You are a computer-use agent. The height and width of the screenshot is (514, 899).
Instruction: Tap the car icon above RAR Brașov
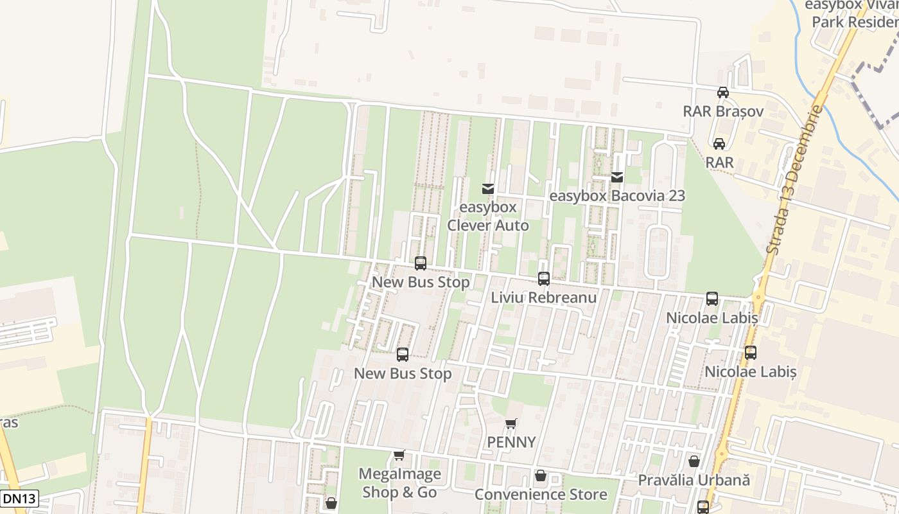[722, 92]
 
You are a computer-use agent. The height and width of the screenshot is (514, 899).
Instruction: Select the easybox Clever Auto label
[488, 217]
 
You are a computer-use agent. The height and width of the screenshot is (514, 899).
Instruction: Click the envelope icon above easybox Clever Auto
[488, 188]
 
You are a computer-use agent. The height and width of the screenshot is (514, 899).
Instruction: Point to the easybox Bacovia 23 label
[617, 196]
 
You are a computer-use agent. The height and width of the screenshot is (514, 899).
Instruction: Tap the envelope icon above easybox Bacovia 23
[617, 177]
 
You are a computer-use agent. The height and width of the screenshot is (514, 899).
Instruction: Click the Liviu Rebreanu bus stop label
[544, 297]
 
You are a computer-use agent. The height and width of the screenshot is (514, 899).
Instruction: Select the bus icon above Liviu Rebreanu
[544, 279]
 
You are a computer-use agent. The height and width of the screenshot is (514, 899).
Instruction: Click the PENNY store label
[511, 442]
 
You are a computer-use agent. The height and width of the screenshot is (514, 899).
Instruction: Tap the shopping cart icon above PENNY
[511, 423]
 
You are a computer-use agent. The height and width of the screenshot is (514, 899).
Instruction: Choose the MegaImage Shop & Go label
[399, 483]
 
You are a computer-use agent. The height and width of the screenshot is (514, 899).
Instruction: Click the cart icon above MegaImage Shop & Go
[399, 455]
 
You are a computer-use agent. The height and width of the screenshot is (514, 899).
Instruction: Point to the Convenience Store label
[541, 494]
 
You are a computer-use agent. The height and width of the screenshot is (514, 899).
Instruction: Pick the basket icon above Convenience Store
[541, 475]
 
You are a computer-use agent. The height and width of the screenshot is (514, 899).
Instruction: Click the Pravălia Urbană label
[694, 480]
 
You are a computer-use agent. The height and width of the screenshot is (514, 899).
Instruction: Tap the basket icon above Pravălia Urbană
[694, 461]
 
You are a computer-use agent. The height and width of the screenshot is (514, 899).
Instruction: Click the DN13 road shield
[19, 498]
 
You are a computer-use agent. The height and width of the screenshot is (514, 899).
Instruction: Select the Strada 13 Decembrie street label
[794, 180]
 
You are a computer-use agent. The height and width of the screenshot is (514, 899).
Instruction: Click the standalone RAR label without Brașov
[719, 163]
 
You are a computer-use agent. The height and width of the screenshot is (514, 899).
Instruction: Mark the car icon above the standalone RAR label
[719, 143]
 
